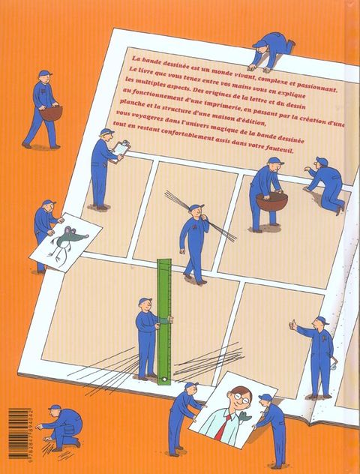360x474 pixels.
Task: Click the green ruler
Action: pyautogui.click(x=164, y=322)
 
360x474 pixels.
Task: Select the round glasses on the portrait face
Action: pyautogui.click(x=241, y=397)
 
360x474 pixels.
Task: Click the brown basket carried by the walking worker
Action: pyautogui.click(x=51, y=112)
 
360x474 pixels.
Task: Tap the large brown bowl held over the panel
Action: pyautogui.click(x=271, y=200)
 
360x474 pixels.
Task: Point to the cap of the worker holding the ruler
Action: pyautogui.click(x=145, y=301)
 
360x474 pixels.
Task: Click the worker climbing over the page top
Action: pyautogui.click(x=271, y=51)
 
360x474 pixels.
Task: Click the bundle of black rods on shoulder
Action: pyautogui.click(x=201, y=216)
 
